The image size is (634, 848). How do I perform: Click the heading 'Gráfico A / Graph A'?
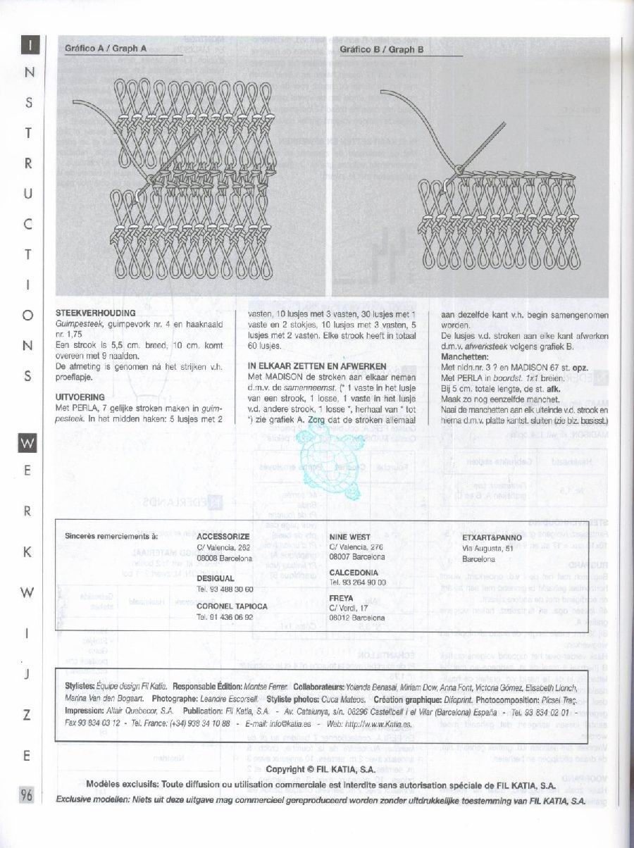point(106,49)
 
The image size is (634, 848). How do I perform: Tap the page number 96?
point(27,796)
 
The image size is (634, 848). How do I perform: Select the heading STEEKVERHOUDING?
point(96,312)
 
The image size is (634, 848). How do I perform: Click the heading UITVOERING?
point(80,397)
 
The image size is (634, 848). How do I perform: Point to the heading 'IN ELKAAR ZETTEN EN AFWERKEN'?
point(316,367)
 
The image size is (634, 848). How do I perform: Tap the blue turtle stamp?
point(328,462)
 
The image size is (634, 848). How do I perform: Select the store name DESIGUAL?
point(216,578)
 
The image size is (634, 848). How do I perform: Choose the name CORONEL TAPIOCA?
point(232,605)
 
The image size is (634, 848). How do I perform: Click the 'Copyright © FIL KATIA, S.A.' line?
point(321,769)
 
